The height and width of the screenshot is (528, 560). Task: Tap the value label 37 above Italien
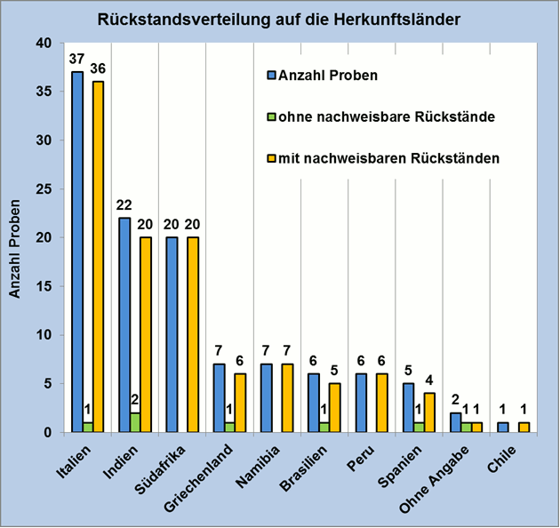tap(77, 60)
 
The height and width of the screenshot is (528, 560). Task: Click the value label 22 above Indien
tap(124, 205)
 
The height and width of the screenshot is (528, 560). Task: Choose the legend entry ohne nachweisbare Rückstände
tap(387, 116)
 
